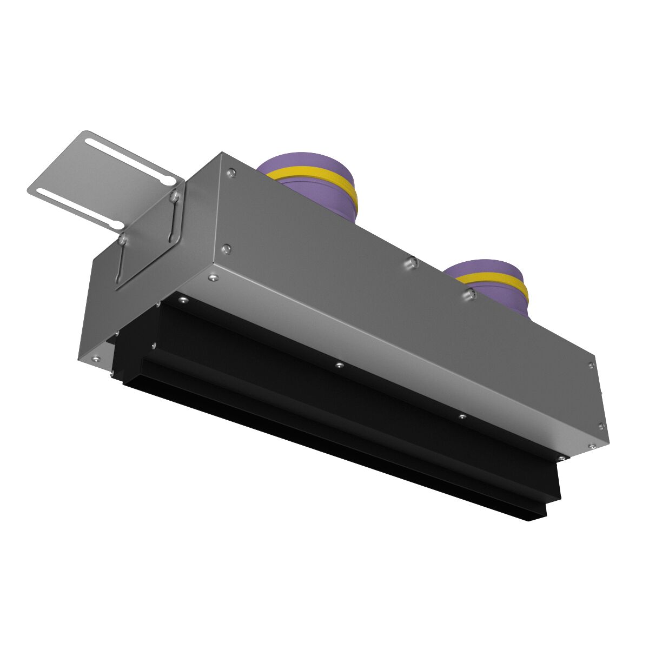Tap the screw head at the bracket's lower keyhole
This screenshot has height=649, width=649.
click(123, 239)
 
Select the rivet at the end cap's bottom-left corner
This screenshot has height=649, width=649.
click(96, 357)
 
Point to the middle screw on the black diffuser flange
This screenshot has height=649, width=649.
click(338, 366)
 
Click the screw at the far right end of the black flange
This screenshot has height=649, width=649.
click(563, 458)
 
